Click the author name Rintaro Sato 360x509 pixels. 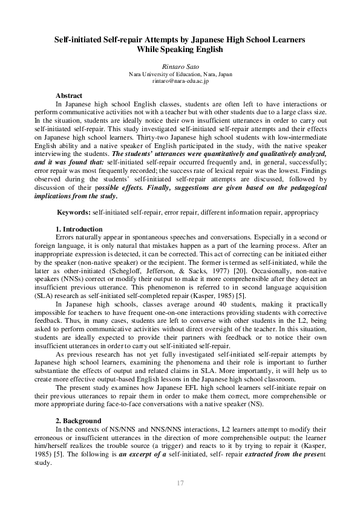[180, 66]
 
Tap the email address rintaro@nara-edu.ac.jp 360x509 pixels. [180, 80]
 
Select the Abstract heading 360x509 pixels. [68, 96]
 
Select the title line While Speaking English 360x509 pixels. [180, 50]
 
